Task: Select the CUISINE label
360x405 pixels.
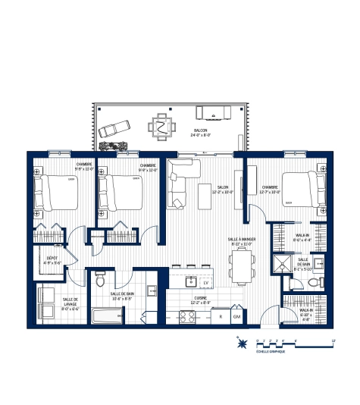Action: [x=202, y=300]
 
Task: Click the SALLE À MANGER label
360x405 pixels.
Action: [x=240, y=241]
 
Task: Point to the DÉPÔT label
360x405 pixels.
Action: [x=52, y=261]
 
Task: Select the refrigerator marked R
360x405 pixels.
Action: [x=219, y=316]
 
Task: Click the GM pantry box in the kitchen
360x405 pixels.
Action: [x=236, y=316]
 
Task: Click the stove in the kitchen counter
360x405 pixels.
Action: [x=186, y=316]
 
